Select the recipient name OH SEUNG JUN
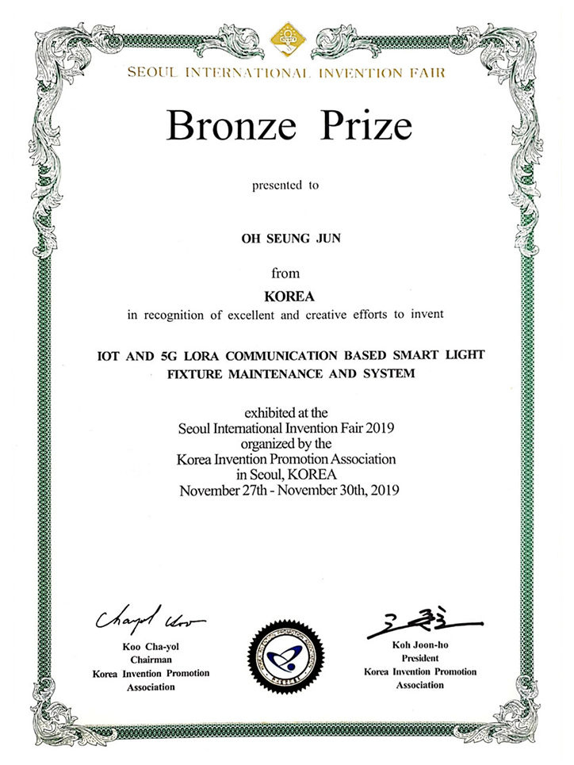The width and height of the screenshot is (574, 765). (285, 236)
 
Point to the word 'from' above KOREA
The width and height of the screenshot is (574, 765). (285, 273)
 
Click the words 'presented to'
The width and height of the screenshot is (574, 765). (285, 186)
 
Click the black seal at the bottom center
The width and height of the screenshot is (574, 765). (285, 654)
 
